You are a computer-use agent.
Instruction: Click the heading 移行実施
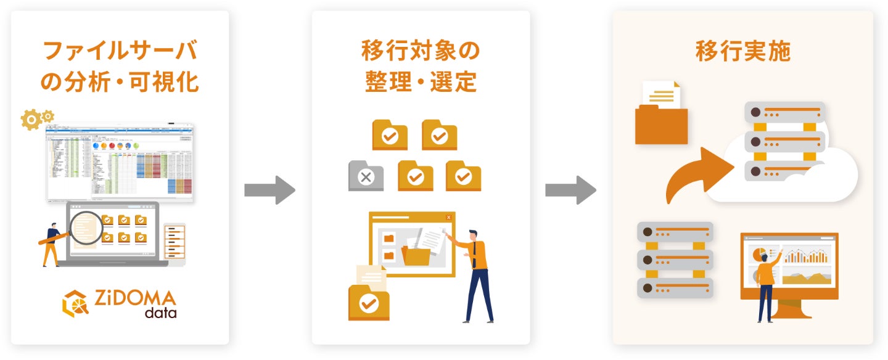coord(742,52)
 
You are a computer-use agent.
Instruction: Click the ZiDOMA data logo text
coord(135,304)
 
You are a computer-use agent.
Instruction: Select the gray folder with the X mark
coord(366,176)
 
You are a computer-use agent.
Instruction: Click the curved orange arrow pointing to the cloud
coord(697,176)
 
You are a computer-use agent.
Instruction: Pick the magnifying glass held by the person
coord(86,228)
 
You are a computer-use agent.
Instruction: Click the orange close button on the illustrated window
coord(448,217)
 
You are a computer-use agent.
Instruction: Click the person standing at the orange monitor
coord(766,284)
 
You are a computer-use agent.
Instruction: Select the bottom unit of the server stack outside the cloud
coord(675,288)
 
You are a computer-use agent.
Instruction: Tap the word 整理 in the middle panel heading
coord(385,82)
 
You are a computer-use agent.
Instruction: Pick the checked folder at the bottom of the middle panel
coord(369,301)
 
